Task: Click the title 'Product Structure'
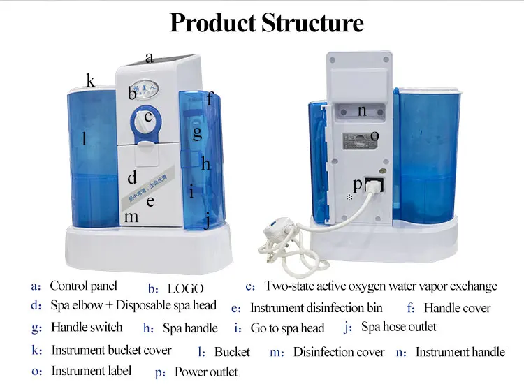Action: (267, 22)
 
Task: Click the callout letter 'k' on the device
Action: (91, 81)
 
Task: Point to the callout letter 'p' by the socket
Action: (358, 184)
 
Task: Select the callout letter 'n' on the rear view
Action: (361, 110)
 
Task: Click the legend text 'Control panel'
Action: (83, 286)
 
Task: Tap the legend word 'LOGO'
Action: (185, 288)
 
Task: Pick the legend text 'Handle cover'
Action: (457, 308)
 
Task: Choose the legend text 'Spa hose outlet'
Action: (398, 327)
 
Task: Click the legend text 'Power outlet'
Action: (206, 372)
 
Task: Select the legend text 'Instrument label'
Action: (92, 370)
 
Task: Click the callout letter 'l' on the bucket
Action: (85, 140)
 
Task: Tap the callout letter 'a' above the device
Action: (149, 58)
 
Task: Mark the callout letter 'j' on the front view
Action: (207, 222)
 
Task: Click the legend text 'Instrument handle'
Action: (460, 352)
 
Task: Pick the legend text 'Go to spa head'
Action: (287, 328)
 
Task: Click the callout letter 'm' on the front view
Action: (131, 217)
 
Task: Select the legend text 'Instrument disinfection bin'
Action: (316, 308)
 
